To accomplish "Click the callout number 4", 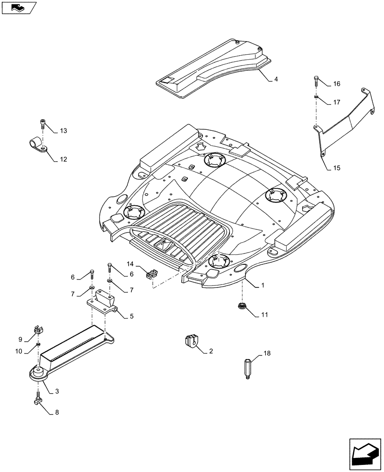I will click(276, 79).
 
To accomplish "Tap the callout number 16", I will click(337, 84).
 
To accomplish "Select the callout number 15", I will click(337, 168).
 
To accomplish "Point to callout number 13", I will click(63, 131).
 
